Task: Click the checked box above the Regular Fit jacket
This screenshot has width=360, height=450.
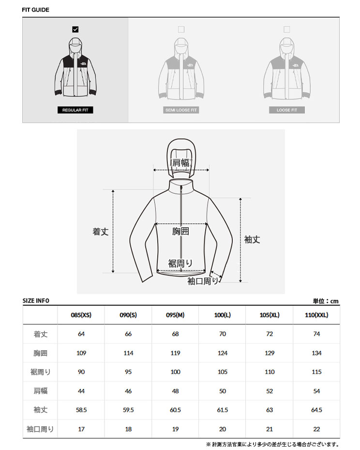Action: (75, 29)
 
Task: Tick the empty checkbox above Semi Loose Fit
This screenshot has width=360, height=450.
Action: (181, 29)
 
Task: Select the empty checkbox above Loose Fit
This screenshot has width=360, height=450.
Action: (286, 29)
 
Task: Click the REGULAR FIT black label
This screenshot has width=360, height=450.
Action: (75, 110)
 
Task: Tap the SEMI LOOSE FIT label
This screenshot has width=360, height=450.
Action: (181, 110)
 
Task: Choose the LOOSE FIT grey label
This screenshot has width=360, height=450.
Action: (286, 110)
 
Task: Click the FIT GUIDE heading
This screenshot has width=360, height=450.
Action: (35, 10)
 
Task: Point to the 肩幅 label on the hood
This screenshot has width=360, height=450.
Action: (181, 163)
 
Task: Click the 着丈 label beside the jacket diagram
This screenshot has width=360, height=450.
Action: (100, 232)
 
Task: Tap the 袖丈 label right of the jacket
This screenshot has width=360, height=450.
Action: (252, 240)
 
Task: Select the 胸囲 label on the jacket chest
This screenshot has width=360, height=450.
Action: (180, 231)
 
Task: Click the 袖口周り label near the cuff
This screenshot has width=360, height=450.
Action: (203, 281)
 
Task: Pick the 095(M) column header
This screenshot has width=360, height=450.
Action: (175, 315)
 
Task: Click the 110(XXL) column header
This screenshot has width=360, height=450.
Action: (316, 315)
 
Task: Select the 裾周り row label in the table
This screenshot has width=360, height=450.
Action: (41, 372)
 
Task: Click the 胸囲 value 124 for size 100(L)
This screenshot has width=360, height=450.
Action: (223, 353)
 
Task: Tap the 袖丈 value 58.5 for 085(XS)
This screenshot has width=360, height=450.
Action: (81, 410)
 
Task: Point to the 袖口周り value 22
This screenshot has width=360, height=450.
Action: (316, 429)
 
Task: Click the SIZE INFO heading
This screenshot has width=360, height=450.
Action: (36, 301)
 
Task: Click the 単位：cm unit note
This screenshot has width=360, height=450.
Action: (326, 301)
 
